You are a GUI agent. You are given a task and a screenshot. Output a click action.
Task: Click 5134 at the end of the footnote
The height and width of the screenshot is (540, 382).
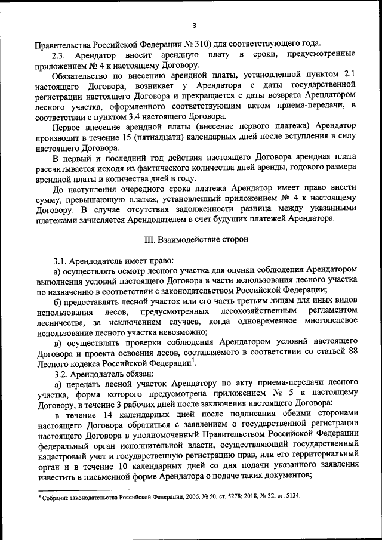pos(292,496)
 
